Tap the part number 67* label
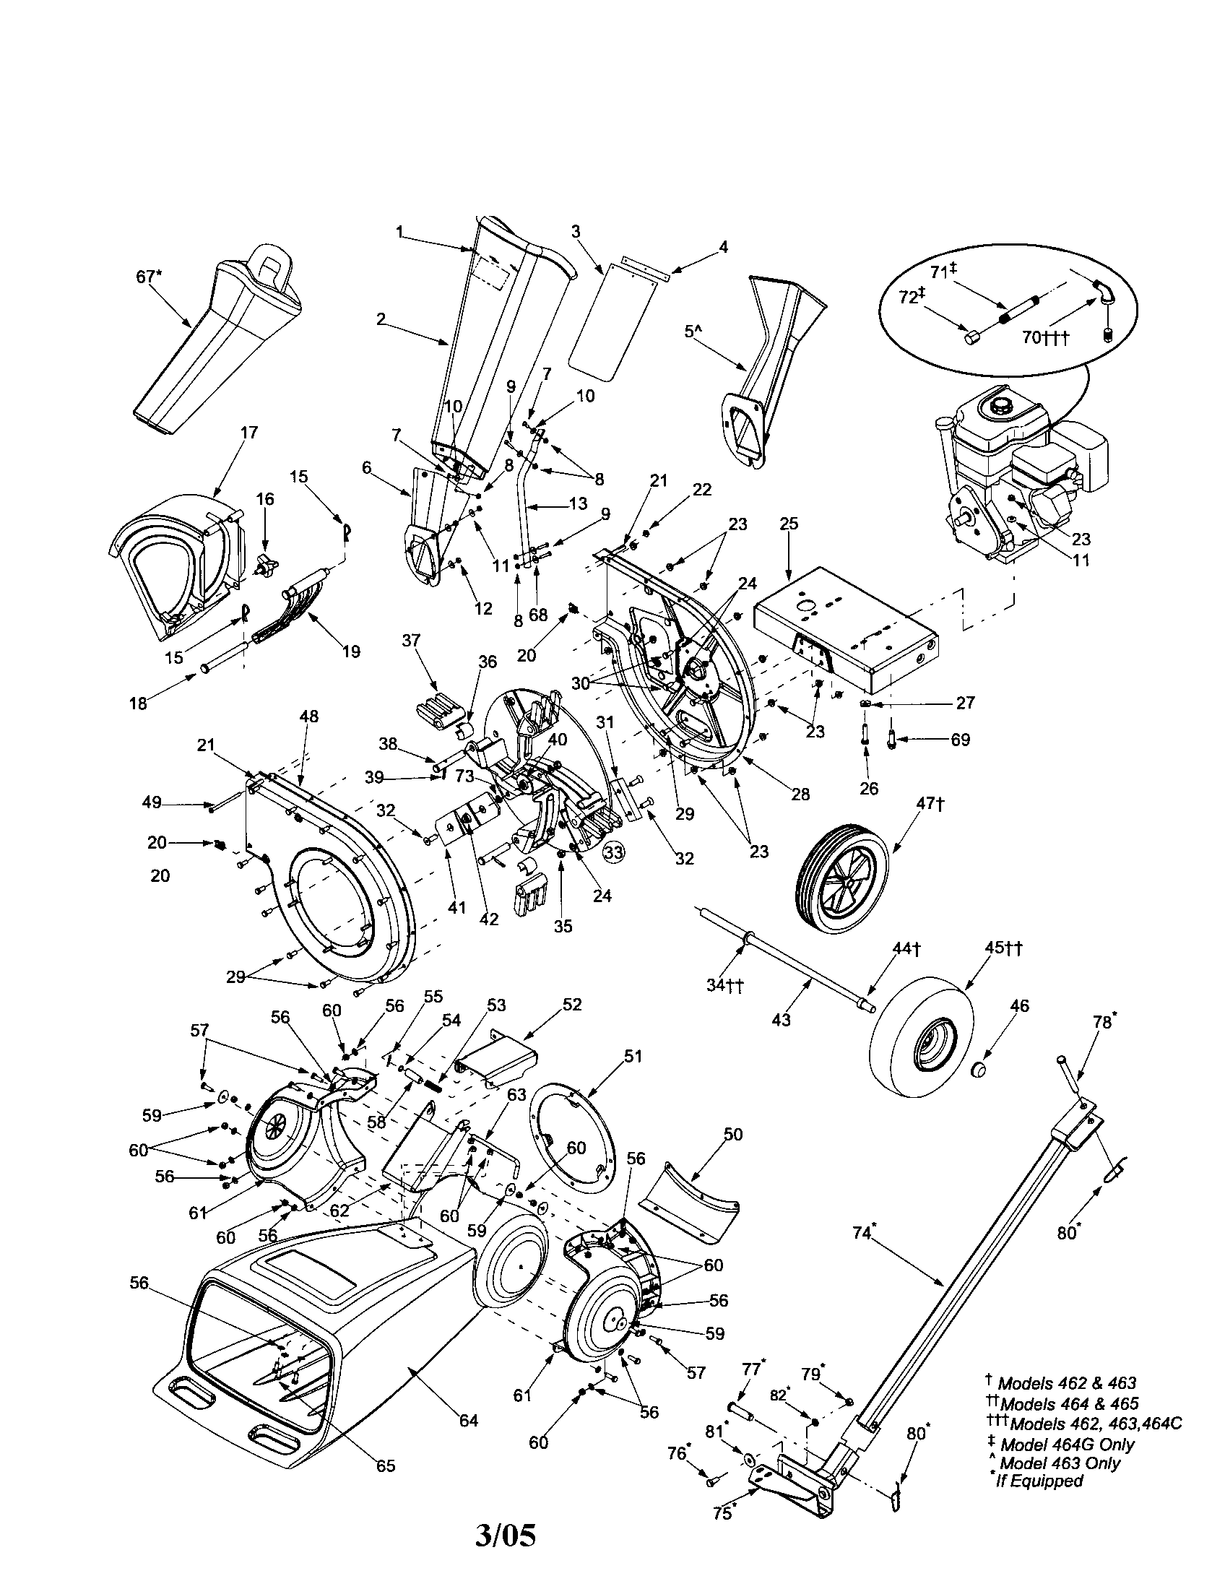[149, 277]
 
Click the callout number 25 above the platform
[789, 523]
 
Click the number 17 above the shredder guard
[248, 432]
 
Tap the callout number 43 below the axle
[781, 1020]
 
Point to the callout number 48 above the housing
[308, 716]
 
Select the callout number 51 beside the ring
[633, 1056]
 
